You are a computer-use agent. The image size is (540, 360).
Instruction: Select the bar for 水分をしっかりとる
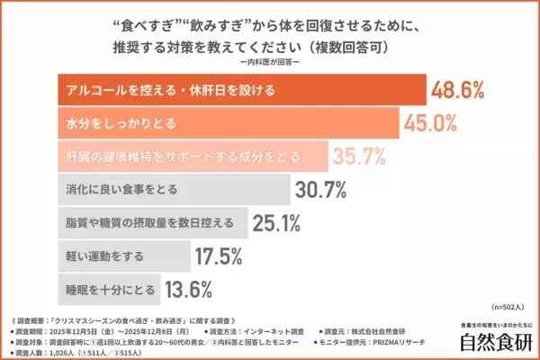(x=225, y=122)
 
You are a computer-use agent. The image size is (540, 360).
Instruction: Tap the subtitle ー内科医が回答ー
(x=270, y=61)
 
